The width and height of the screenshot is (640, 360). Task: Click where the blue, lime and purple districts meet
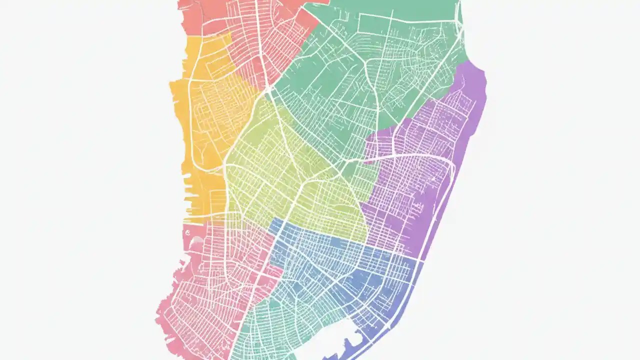pyautogui.click(x=368, y=235)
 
